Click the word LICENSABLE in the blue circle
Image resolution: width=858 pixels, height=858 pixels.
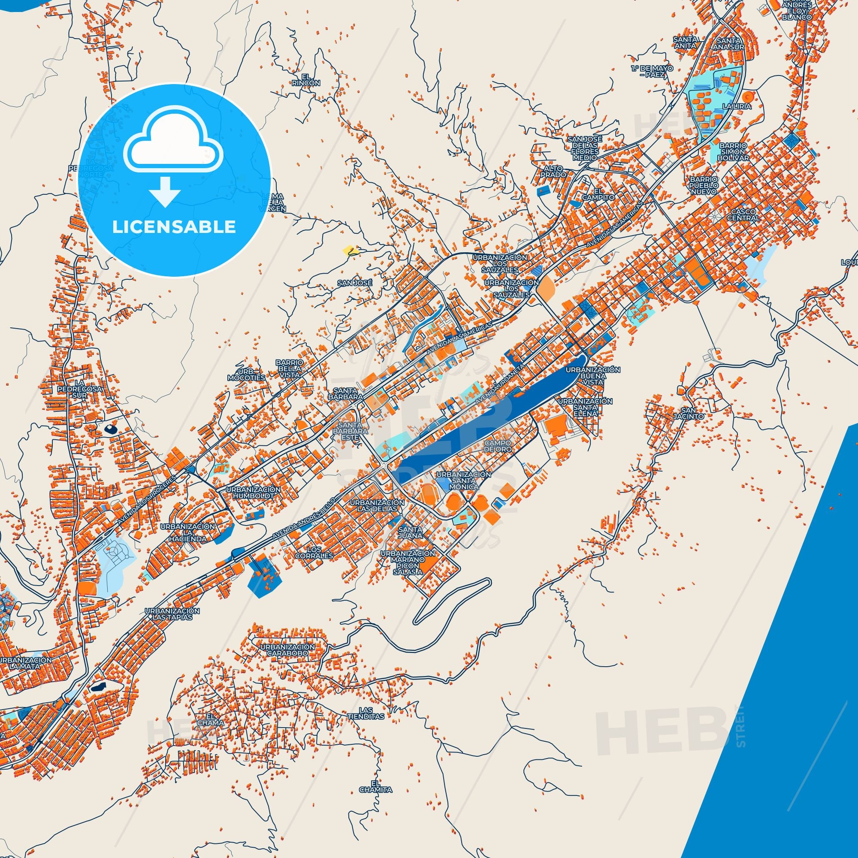[x=174, y=227]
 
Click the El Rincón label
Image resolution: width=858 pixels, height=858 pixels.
[x=306, y=80]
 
